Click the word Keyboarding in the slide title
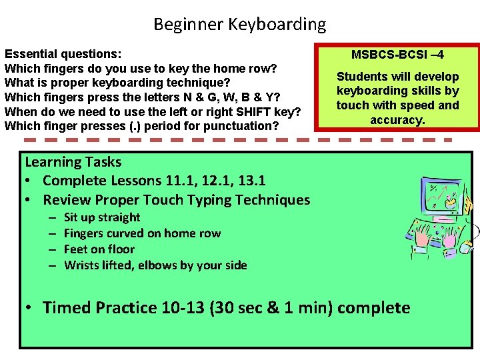277,25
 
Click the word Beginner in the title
188,25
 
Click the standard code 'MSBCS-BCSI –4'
397,54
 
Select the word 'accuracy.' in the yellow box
397,119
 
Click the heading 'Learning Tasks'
73,161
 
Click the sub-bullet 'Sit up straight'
102,217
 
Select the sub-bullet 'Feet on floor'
99,249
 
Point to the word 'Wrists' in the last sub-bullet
82,265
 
